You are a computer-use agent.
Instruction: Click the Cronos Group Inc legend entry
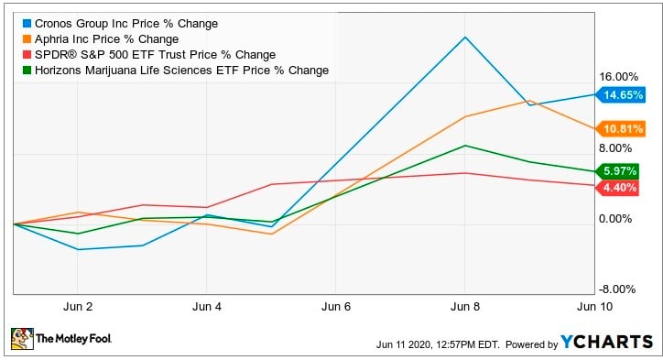click(x=119, y=23)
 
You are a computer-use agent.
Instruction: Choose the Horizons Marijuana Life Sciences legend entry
click(x=174, y=71)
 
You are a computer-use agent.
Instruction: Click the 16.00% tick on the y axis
click(x=618, y=77)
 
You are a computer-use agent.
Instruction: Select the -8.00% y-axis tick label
click(x=619, y=289)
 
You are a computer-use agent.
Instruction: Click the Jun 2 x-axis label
click(x=78, y=305)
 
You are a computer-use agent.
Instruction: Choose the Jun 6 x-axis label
click(x=336, y=305)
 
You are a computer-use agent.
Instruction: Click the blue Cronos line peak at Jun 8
click(x=465, y=38)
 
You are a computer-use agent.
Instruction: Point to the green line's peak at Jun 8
click(x=465, y=146)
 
